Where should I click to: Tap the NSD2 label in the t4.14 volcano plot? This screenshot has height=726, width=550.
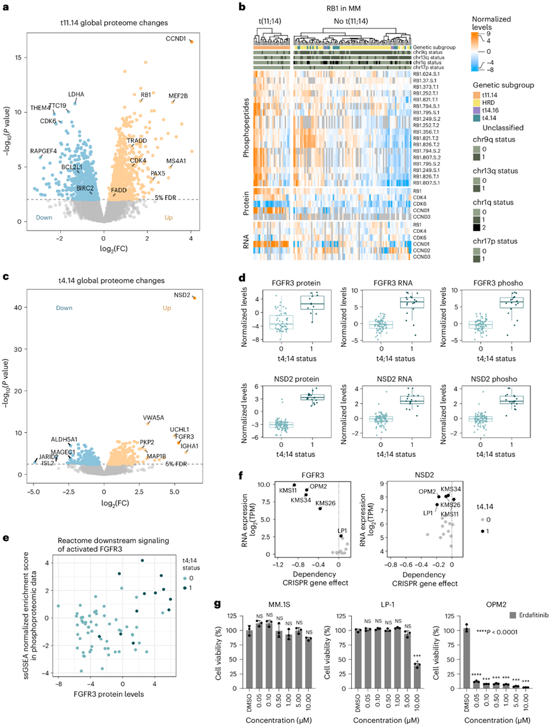pos(182,287)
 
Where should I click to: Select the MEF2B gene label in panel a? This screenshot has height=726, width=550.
pos(178,96)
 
